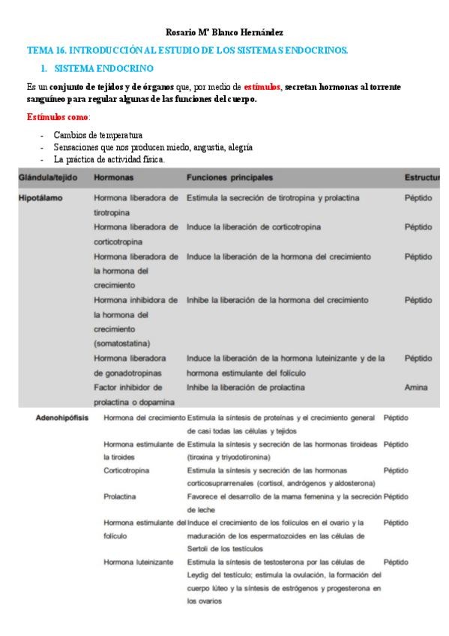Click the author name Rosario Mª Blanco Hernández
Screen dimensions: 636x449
(x=224, y=32)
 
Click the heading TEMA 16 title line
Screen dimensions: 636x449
(x=187, y=50)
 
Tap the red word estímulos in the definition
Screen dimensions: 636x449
(x=262, y=87)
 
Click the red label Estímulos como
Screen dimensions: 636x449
(x=58, y=117)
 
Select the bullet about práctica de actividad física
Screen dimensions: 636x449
(x=109, y=159)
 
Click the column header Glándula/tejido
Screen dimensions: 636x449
(x=50, y=178)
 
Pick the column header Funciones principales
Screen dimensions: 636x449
(x=229, y=178)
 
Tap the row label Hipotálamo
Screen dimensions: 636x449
(x=40, y=198)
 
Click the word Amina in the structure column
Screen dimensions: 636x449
(x=416, y=387)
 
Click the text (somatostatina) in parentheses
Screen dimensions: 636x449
(x=127, y=343)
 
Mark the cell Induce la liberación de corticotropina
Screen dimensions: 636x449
(x=254, y=226)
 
